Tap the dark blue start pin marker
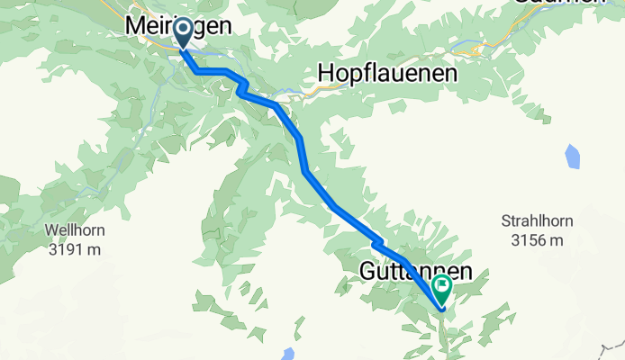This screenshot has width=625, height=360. coord(183,33)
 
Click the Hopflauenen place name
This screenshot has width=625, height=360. coord(388,73)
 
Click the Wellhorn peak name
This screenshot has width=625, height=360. coord(74,230)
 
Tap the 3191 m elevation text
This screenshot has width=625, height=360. coord(74,249)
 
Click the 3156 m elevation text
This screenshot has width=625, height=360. coord(537,240)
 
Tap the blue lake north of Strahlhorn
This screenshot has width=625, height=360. coord(573,157)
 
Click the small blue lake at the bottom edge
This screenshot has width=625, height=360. coord(287,354)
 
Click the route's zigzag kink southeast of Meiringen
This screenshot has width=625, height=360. coord(241,85)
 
